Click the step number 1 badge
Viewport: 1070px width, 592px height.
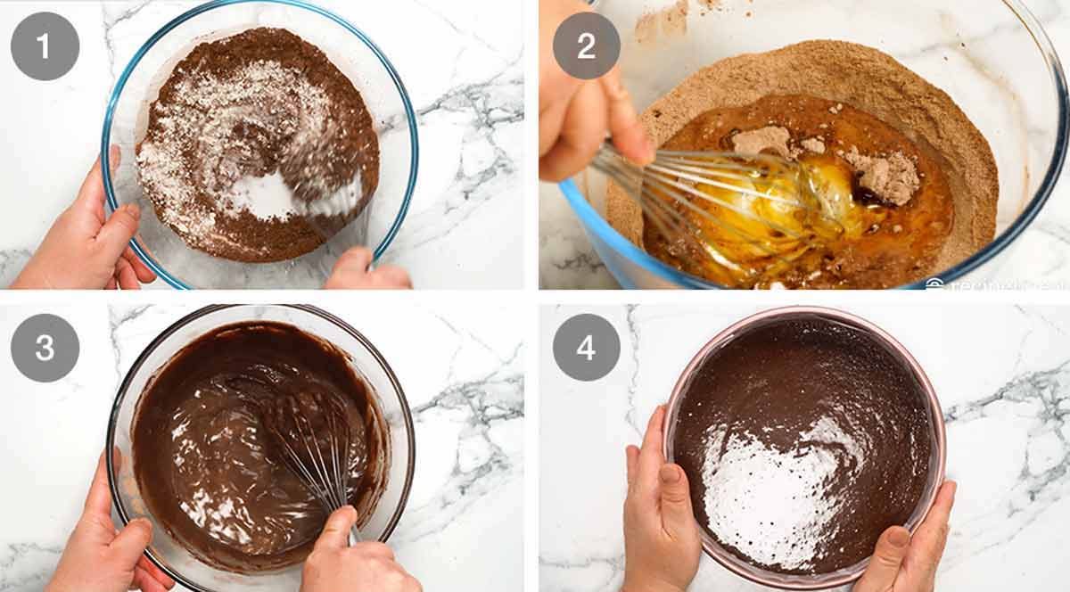[x=45, y=45]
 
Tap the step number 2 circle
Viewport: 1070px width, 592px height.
[x=586, y=45]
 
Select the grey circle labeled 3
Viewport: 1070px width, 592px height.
[x=45, y=347]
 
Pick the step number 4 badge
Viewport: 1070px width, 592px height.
[x=586, y=347]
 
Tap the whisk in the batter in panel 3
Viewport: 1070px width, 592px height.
[x=308, y=437]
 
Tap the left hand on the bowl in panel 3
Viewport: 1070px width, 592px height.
[x=103, y=535]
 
